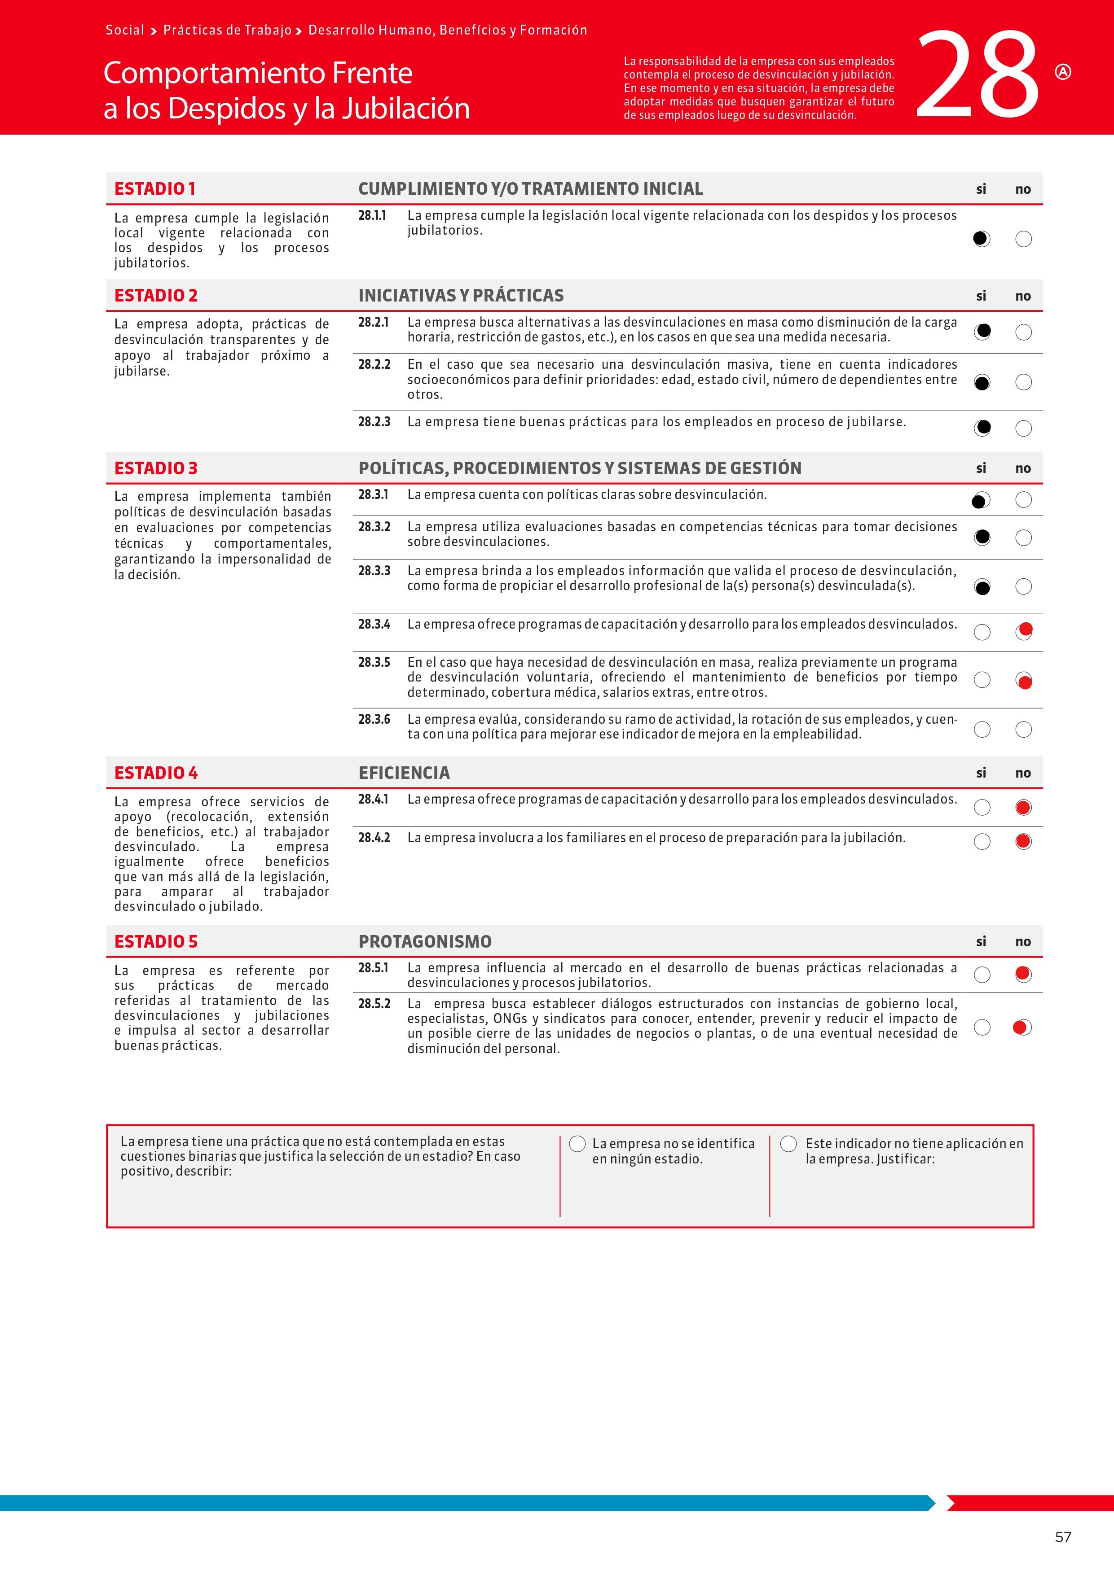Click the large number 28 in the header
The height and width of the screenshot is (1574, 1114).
tap(978, 75)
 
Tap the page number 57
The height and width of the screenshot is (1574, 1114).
tap(1062, 1537)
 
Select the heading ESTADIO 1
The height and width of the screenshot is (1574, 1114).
tap(154, 188)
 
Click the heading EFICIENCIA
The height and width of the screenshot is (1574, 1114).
tap(404, 773)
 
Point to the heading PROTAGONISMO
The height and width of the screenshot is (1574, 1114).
tap(425, 941)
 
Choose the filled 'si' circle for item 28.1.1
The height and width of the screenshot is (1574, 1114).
tap(982, 239)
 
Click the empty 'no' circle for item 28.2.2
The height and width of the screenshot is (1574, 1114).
tap(1023, 382)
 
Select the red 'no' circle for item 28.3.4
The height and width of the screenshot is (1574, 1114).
tap(1023, 631)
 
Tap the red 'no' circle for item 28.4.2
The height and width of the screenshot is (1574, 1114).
tap(1023, 841)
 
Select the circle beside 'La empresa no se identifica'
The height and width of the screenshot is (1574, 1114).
tap(577, 1143)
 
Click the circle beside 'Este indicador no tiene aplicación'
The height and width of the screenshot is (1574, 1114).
tap(789, 1143)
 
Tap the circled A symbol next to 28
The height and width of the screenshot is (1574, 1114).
tap(1062, 72)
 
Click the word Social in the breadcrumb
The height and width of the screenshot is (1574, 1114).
tap(125, 30)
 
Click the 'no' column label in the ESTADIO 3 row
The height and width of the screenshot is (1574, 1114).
tap(1023, 468)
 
